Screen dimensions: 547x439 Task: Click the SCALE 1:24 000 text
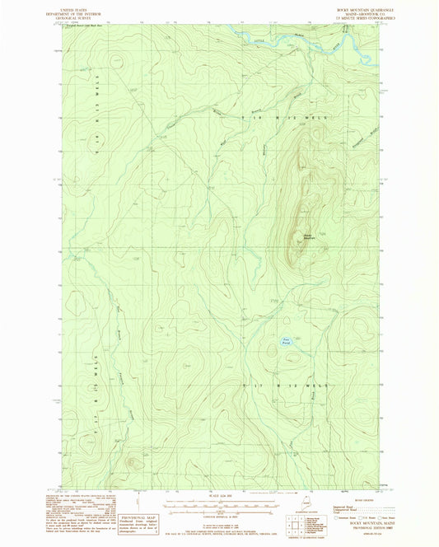tap(219, 496)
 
